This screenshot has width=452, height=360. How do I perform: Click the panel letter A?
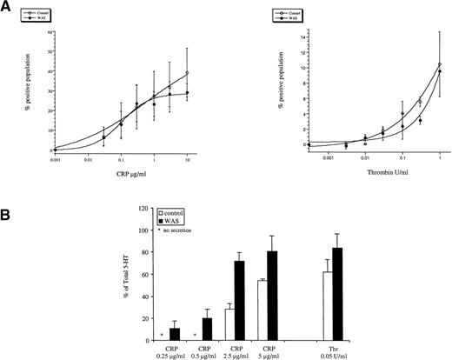[7, 7]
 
